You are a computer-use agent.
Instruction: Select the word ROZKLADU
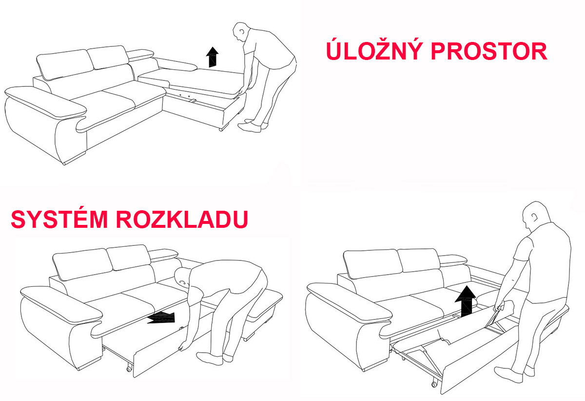point(182,220)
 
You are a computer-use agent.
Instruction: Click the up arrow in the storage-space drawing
point(212,57)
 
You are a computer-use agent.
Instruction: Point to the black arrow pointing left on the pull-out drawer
point(161,317)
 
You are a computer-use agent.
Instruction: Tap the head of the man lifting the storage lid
point(240,32)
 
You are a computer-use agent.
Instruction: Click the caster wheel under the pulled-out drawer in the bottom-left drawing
point(129,369)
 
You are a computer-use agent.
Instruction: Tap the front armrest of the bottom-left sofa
point(61,303)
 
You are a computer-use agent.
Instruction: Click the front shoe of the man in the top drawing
point(250,127)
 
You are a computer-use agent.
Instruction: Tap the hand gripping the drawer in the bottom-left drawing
point(181,347)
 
